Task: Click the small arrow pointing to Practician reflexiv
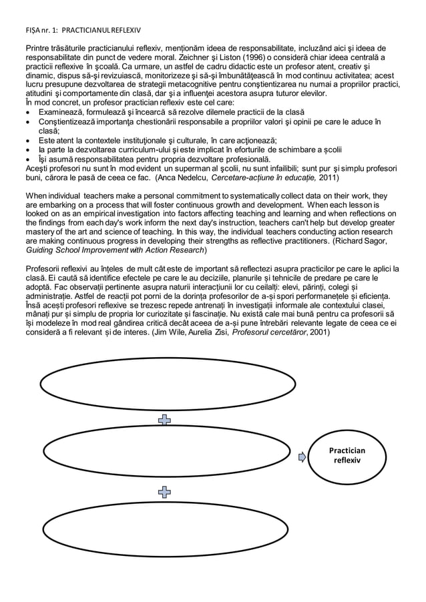pyautogui.click(x=302, y=457)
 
